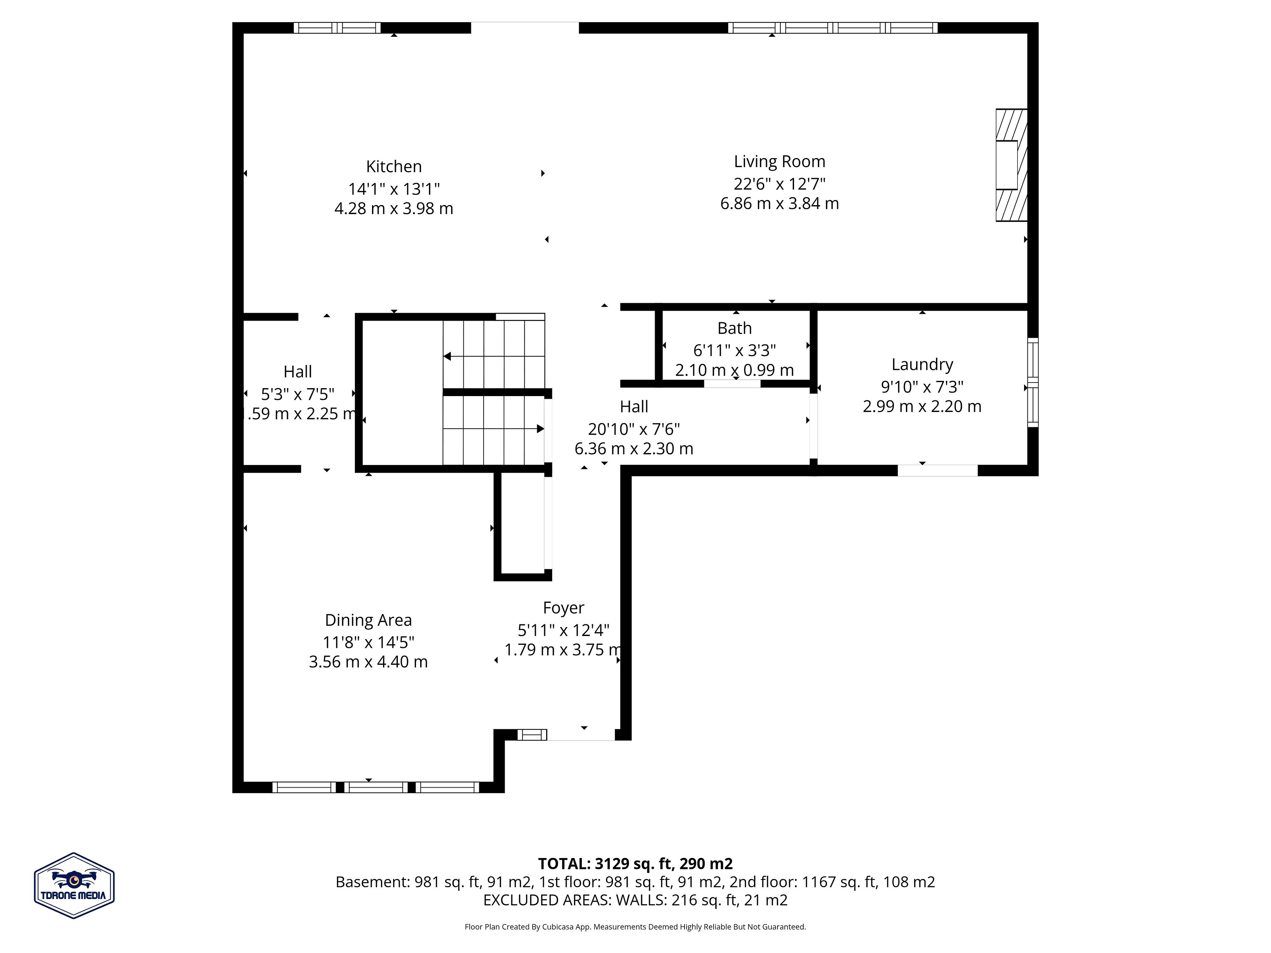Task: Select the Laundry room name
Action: (x=922, y=365)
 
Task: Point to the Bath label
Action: (x=734, y=328)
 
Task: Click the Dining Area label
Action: (x=368, y=620)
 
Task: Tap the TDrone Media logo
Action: (x=74, y=885)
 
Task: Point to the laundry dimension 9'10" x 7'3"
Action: (x=922, y=386)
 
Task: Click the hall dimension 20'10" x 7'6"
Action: (x=634, y=429)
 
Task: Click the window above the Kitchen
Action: (x=337, y=27)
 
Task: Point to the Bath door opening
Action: (x=732, y=384)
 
